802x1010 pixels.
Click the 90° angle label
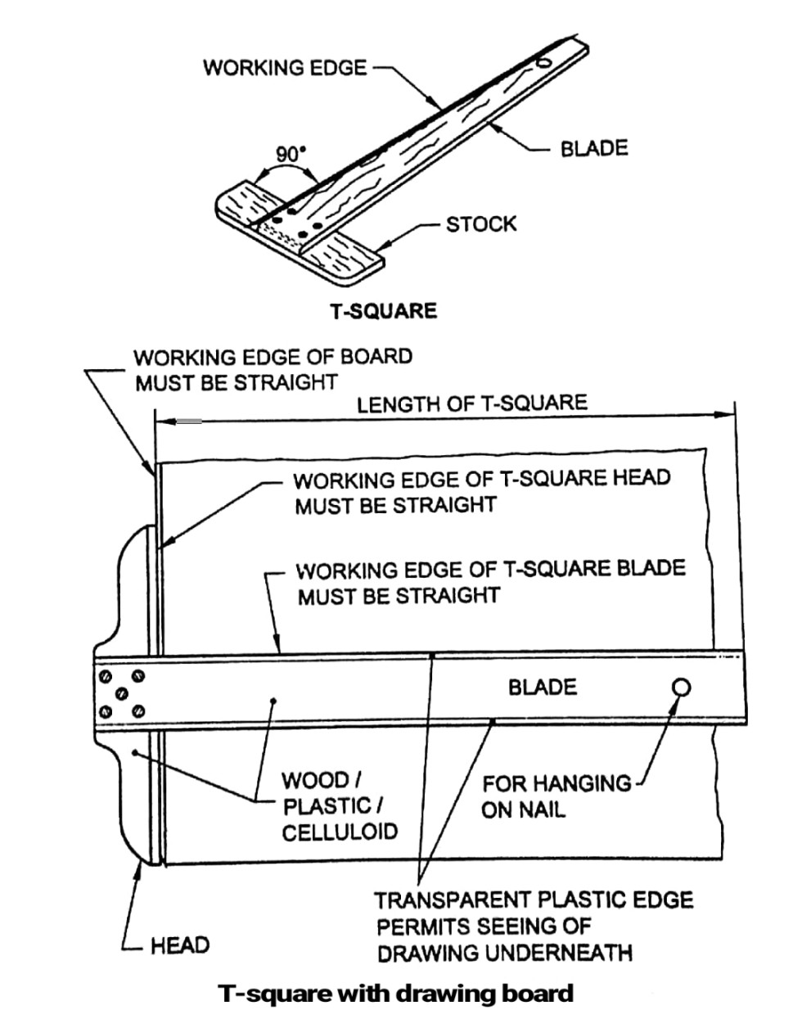[x=289, y=153]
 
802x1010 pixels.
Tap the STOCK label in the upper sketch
[x=480, y=223]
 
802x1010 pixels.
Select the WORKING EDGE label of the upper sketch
[x=285, y=67]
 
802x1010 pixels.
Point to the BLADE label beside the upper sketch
[x=594, y=148]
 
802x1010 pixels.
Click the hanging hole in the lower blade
[x=680, y=688]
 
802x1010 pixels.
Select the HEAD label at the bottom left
[x=180, y=945]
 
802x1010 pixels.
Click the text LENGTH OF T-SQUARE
[x=472, y=403]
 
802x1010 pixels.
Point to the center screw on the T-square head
[x=122, y=692]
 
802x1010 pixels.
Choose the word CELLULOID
[x=340, y=832]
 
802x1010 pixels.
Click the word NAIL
[x=543, y=810]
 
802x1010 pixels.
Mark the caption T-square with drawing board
[x=396, y=993]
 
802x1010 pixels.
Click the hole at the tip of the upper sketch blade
[x=544, y=62]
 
